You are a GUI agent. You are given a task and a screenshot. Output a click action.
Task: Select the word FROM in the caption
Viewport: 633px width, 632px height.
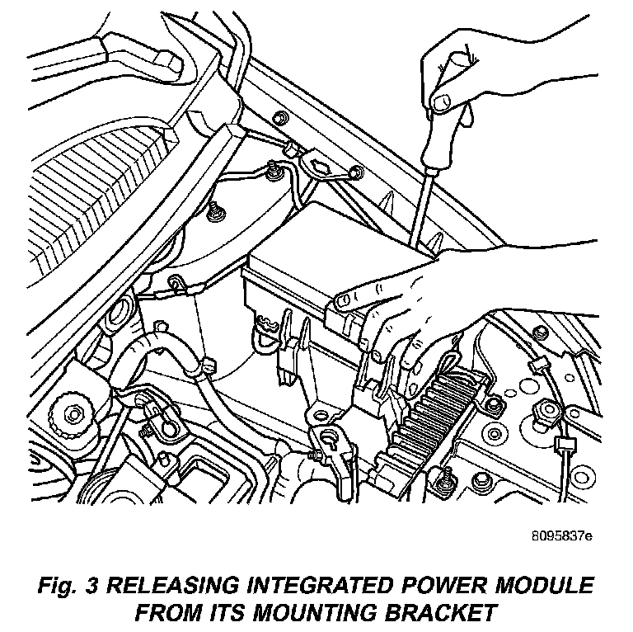(x=170, y=613)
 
